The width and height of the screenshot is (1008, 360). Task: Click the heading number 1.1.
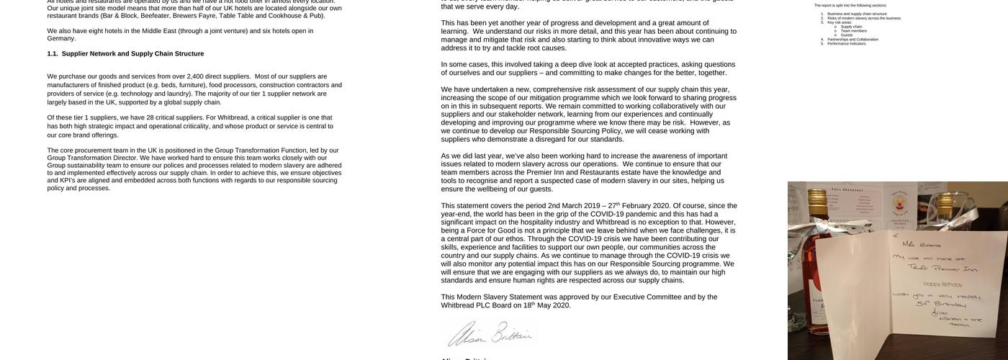pyautogui.click(x=53, y=53)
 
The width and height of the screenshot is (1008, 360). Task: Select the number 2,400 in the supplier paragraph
pyautogui.click(x=195, y=76)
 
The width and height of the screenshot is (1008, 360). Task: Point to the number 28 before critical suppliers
pyautogui.click(x=150, y=117)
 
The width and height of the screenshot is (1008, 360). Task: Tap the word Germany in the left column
pyautogui.click(x=61, y=38)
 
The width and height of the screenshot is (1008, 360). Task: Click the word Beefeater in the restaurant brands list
pyautogui.click(x=156, y=15)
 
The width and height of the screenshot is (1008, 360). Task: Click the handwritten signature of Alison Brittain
pyautogui.click(x=489, y=334)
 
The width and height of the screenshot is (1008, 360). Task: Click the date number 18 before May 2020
pyautogui.click(x=527, y=305)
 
